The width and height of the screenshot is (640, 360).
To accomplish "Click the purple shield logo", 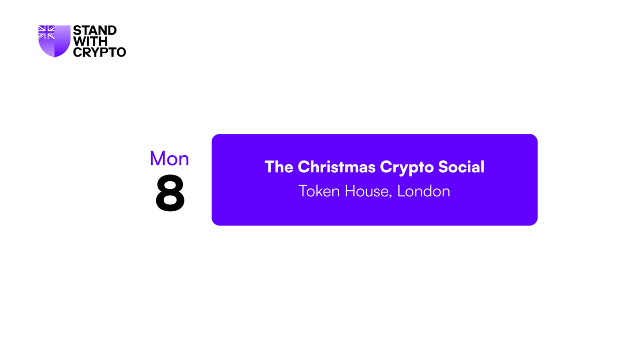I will [x=54, y=42].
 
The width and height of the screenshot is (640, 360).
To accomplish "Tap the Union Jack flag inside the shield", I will [x=47, y=33].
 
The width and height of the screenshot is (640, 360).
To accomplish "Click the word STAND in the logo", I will [x=94, y=31].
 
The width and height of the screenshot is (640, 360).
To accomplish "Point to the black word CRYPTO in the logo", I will [x=99, y=52].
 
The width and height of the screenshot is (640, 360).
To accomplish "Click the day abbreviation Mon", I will [x=169, y=158].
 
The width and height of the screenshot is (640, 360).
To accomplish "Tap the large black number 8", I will [x=170, y=194].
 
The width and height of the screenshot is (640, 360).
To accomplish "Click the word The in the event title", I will [x=279, y=167].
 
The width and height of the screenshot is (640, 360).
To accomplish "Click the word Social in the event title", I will [x=461, y=167].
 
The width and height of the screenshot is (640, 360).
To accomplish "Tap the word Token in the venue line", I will [x=319, y=191].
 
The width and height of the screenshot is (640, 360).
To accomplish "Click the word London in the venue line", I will [x=423, y=191].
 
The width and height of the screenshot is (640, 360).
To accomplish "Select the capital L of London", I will [x=401, y=191].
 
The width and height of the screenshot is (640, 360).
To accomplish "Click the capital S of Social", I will [x=444, y=167].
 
